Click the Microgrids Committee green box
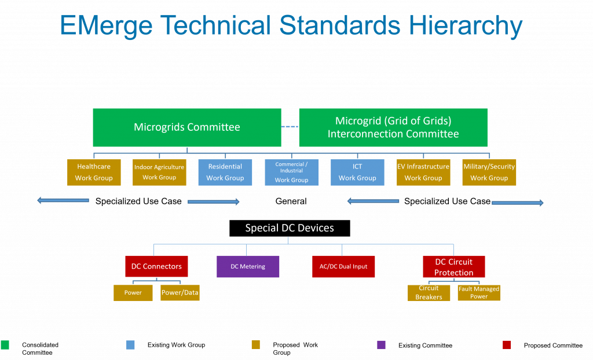point(187,127)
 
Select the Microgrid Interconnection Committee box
point(393,127)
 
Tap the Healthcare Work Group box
point(94,172)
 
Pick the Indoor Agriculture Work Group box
point(159,172)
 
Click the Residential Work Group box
point(225,172)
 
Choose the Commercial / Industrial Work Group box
point(292,172)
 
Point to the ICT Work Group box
point(357,172)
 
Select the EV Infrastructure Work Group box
point(423,172)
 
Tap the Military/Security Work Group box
point(489,172)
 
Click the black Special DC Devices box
point(290,228)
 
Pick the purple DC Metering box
point(248,267)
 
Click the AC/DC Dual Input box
point(343,267)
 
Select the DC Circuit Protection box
point(454,267)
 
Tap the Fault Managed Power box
point(479,293)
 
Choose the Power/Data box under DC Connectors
point(180,293)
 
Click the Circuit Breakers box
point(429,293)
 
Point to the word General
point(291,201)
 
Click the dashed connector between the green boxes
point(290,127)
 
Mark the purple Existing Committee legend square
point(381,345)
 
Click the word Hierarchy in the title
point(466,25)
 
